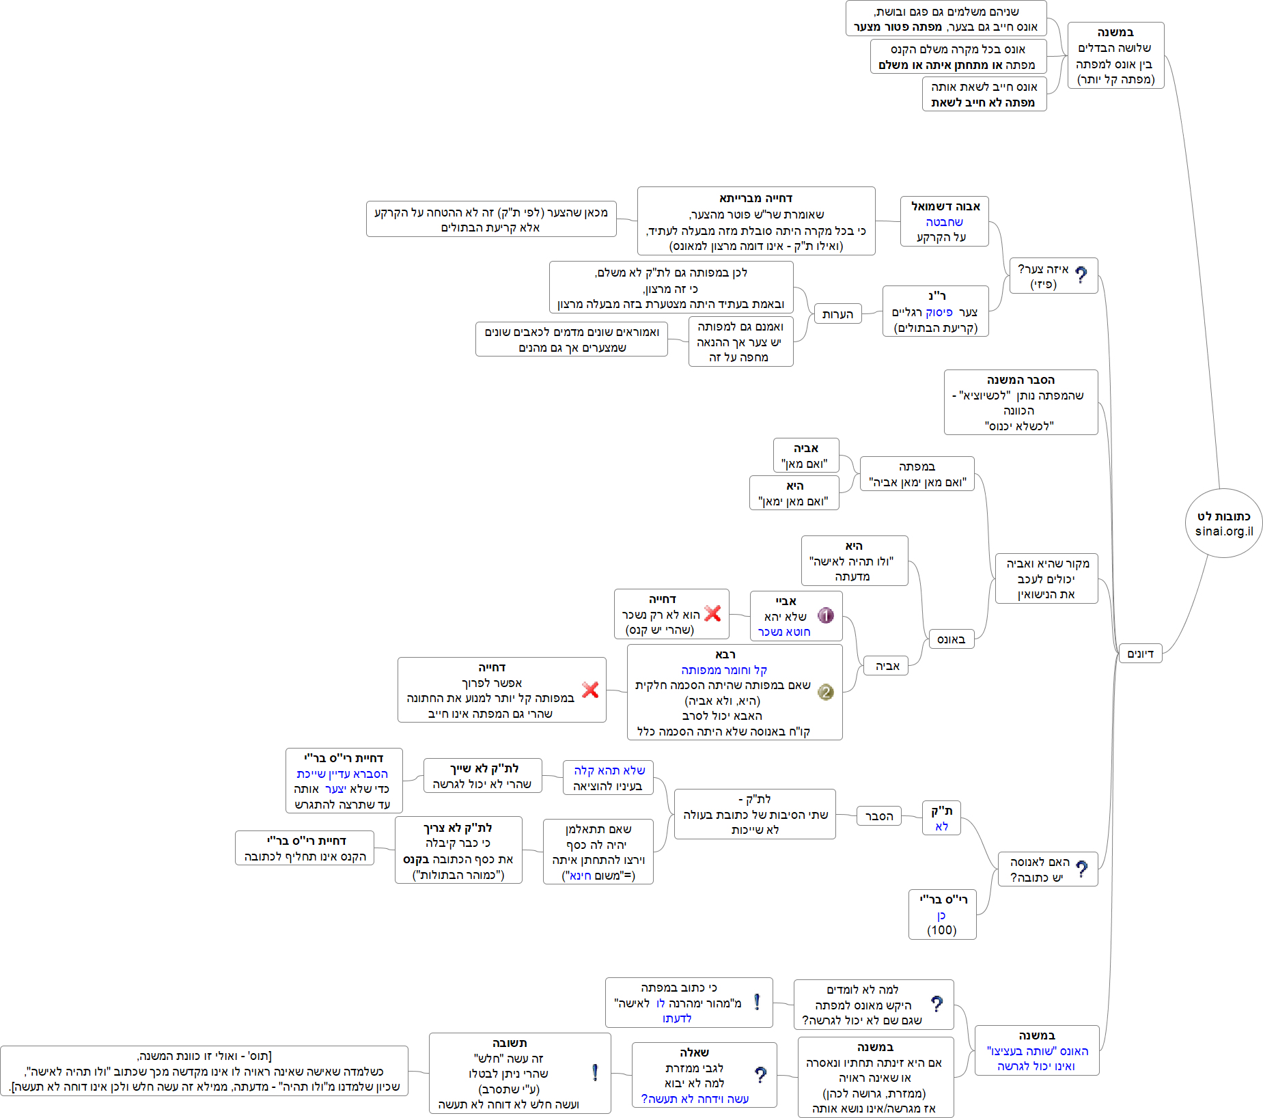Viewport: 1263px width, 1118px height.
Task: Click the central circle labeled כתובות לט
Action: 1223,522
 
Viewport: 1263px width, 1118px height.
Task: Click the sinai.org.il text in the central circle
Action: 1223,531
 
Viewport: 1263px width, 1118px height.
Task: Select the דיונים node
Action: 1140,654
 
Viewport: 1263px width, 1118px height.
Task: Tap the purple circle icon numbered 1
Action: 825,615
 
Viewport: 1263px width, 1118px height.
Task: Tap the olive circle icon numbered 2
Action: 825,692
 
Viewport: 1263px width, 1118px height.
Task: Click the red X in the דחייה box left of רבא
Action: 590,690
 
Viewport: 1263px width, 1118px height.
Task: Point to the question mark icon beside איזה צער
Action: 1081,275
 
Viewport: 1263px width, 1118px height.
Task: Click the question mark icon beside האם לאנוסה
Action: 1081,869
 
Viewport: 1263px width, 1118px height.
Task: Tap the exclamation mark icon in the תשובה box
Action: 595,1072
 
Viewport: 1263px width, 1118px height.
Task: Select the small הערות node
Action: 837,314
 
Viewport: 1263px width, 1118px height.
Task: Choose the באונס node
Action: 951,639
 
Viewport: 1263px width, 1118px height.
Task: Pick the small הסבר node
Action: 878,816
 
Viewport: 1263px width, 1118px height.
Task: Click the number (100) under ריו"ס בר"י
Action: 942,930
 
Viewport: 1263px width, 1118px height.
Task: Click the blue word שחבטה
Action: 944,222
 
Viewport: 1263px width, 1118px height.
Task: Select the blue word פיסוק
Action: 939,312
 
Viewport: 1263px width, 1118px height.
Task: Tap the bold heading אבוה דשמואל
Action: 945,206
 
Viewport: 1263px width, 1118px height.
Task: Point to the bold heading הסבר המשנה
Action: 1021,380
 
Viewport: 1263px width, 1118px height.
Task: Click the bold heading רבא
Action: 725,654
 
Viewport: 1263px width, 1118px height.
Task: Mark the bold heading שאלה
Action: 694,1052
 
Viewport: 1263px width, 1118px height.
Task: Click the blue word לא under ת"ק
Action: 941,826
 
